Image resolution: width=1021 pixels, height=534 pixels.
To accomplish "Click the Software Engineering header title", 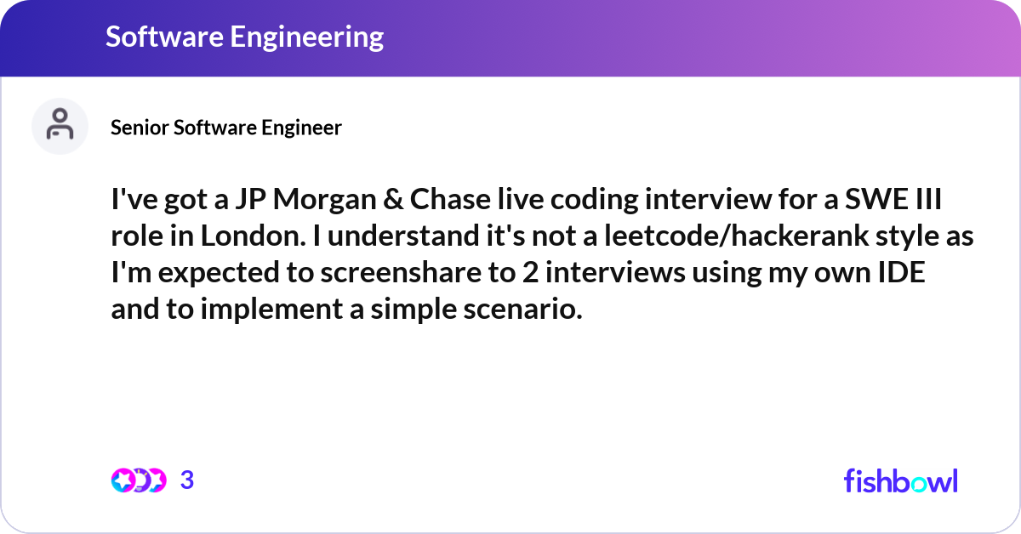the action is tap(244, 37).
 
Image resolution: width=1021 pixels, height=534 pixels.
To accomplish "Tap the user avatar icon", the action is tap(60, 126).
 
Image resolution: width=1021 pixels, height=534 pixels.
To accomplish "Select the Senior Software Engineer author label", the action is tap(226, 128).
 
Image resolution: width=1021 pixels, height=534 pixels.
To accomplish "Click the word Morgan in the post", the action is tap(324, 200).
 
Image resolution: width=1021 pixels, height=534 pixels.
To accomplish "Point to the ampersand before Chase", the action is tap(393, 199).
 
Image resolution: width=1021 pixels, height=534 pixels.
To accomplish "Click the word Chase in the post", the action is tap(450, 199).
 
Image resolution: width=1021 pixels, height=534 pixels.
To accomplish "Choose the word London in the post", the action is tap(253, 236).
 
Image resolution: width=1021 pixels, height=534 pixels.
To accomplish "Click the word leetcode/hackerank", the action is tap(736, 236).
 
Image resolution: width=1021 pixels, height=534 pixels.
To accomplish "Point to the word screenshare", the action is tap(401, 272).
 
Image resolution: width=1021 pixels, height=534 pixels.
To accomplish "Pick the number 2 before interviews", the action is tap(529, 272).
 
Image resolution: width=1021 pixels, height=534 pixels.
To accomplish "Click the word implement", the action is tap(271, 310).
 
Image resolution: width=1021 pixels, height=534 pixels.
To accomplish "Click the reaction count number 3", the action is tap(187, 480).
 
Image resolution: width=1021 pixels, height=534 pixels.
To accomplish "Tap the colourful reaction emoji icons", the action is tap(139, 480).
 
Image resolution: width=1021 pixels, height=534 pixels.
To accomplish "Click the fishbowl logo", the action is tap(901, 480).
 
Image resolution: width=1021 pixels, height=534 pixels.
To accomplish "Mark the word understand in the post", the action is tap(403, 236).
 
